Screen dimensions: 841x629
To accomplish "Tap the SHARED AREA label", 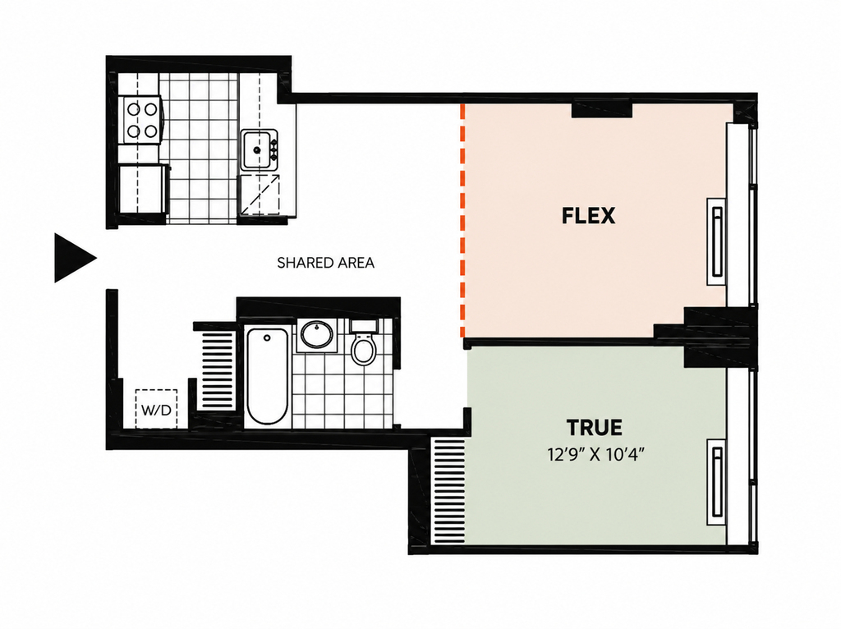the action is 325,263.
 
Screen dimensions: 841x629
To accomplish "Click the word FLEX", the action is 588,216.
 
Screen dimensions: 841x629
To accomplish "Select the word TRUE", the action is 595,427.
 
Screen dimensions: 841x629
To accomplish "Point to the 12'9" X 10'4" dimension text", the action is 595,455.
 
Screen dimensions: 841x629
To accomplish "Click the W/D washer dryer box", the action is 156,409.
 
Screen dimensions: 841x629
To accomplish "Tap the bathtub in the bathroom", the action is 267,377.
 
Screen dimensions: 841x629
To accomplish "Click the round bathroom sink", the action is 316,334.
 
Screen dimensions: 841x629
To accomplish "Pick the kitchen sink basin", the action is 256,150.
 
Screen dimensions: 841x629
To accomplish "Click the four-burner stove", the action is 142,120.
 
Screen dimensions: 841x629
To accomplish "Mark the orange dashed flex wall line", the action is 462,220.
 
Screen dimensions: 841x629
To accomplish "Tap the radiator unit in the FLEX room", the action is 716,242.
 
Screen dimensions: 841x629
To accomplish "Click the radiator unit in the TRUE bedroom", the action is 716,482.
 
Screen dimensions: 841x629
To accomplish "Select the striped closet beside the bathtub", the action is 218,370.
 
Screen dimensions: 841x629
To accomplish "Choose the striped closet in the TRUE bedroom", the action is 448,490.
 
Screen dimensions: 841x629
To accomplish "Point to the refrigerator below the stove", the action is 142,189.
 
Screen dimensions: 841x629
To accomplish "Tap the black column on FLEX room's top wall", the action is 602,110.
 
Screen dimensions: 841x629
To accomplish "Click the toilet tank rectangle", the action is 364,325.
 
